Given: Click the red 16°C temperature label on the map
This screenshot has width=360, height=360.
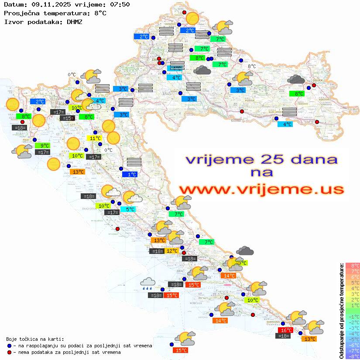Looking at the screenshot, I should pyautogui.click(x=285, y=330).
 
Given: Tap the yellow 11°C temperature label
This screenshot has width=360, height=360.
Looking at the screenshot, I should pyautogui.click(x=95, y=138).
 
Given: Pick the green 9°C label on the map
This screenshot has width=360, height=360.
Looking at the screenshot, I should pyautogui.click(x=44, y=146).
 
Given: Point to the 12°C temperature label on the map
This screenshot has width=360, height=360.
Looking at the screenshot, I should pyautogui.click(x=171, y=251).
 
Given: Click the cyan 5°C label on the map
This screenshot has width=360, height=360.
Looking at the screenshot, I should pyautogui.click(x=130, y=209).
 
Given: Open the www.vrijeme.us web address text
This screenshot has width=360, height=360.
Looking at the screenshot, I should pyautogui.click(x=261, y=189).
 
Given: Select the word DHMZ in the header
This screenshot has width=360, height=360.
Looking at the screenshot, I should pyautogui.click(x=74, y=21).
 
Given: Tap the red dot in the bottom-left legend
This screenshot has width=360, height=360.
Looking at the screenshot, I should pyautogui.click(x=10, y=352).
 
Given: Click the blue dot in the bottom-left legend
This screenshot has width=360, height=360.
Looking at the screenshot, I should pyautogui.click(x=10, y=346).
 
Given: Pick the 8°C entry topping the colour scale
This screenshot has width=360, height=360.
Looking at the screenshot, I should pyautogui.click(x=353, y=265).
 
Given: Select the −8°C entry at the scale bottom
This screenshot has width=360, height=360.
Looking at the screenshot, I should pyautogui.click(x=353, y=356).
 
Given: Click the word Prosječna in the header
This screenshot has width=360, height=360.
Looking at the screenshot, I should pyautogui.click(x=21, y=13).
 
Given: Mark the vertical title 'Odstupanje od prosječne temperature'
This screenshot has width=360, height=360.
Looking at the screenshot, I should pyautogui.click(x=342, y=311).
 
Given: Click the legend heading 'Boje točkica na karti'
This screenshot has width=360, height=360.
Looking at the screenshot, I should pyautogui.click(x=34, y=339).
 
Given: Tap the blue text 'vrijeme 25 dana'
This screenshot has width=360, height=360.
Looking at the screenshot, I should pyautogui.click(x=261, y=159).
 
